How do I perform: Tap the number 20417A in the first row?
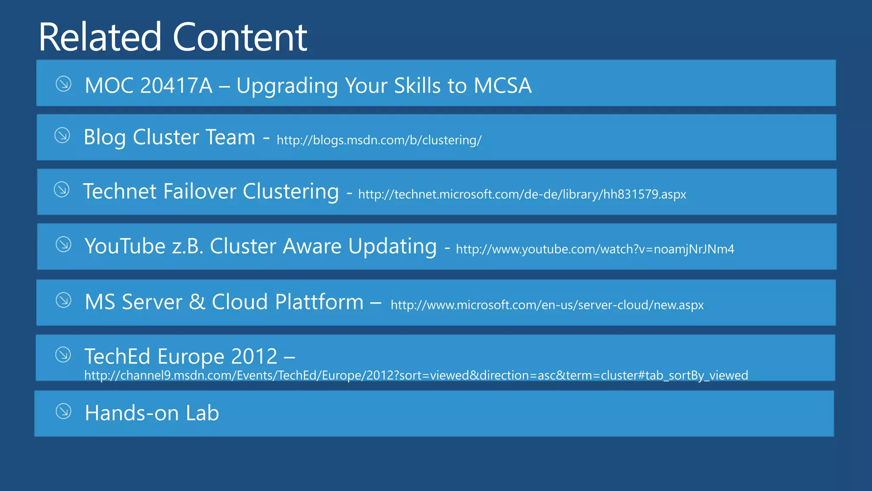[176, 86]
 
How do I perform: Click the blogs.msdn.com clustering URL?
[379, 140]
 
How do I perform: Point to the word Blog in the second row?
[105, 138]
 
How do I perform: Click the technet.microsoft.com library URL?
[522, 194]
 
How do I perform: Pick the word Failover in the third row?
[199, 191]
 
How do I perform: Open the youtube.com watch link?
[595, 249]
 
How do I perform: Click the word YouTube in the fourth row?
[125, 246]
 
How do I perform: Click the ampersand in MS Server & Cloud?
[197, 302]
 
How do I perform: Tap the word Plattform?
[319, 302]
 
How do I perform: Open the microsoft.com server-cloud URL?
[547, 305]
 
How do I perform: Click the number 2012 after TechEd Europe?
[254, 356]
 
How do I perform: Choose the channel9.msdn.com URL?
[416, 375]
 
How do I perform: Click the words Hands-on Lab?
[152, 413]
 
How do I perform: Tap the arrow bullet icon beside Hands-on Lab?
[63, 411]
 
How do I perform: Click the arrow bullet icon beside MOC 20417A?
[63, 84]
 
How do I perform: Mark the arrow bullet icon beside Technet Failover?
[62, 190]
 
